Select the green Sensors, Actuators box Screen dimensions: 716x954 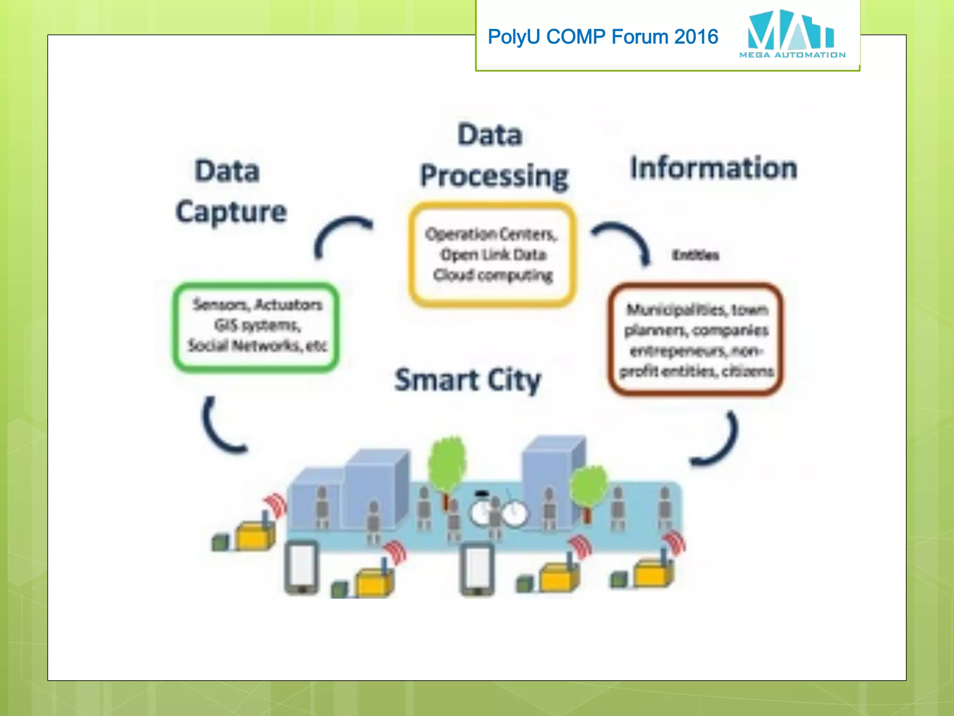click(256, 326)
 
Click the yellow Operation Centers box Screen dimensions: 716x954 click(492, 255)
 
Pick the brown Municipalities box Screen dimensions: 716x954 click(696, 339)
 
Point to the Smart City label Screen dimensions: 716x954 click(468, 380)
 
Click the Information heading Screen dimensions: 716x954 click(713, 168)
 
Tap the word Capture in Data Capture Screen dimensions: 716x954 click(231, 212)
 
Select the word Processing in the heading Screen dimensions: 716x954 click(494, 176)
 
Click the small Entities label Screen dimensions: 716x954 click(695, 255)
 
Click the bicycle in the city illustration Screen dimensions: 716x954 click(498, 513)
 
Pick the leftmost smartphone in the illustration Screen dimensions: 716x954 click(302, 568)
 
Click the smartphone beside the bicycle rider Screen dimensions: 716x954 click(477, 569)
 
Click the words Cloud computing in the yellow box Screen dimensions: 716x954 click(492, 275)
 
